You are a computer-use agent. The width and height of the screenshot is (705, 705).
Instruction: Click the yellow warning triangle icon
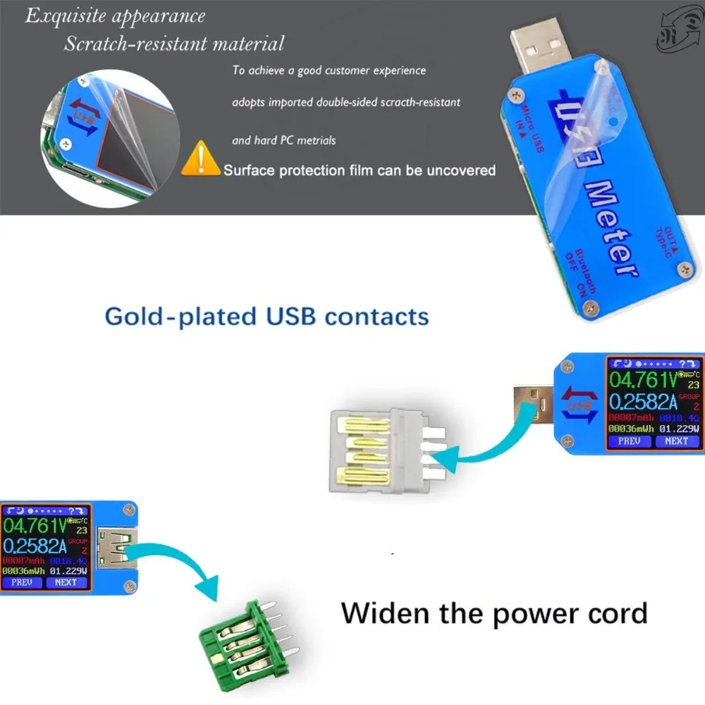[200, 159]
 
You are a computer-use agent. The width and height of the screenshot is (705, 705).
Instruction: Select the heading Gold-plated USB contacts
[266, 315]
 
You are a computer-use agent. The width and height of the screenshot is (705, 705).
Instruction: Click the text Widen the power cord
[493, 613]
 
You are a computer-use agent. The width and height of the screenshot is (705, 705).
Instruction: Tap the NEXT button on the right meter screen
[675, 441]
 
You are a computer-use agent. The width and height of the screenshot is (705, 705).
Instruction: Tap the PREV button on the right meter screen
[629, 441]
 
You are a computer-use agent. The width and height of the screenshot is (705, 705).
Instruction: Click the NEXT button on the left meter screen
[66, 582]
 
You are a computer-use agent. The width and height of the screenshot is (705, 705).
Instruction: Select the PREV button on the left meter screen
[23, 582]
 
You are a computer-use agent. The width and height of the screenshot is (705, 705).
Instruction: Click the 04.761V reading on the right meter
[642, 381]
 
